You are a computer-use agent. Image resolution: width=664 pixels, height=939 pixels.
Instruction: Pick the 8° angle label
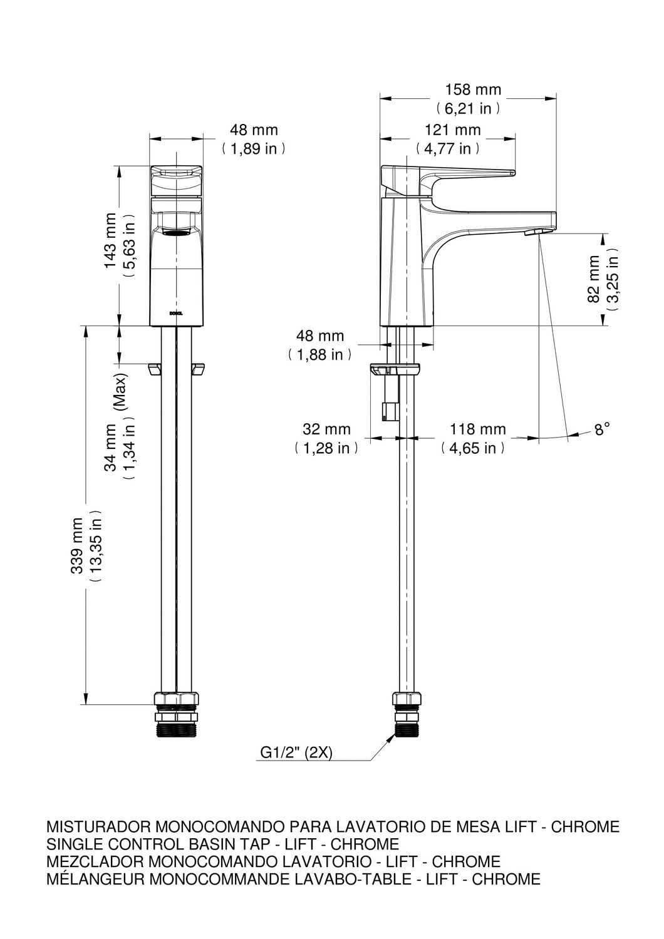point(602,429)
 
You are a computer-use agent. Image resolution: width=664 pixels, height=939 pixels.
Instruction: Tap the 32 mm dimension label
point(326,429)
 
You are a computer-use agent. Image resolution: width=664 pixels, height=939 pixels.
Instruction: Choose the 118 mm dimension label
point(477,429)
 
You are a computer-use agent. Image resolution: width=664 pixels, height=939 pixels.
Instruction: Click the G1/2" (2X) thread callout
point(296,753)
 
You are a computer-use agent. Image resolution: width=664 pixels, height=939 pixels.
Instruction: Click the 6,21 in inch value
point(468,109)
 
